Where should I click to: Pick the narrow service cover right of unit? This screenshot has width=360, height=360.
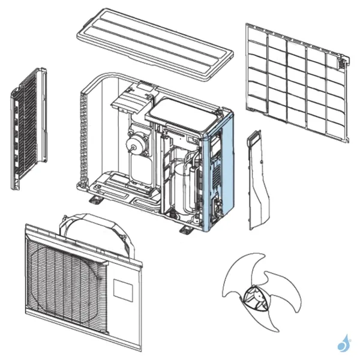[x=257, y=180]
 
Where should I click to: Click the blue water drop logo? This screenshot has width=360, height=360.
[x=344, y=344]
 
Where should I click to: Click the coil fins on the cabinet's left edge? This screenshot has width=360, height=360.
[x=83, y=138]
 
